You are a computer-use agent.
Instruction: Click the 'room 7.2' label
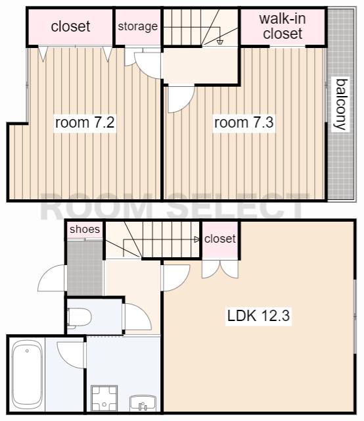pos(85,122)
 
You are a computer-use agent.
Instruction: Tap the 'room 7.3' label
pos(244,122)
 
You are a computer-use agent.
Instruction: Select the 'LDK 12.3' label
pos(258,316)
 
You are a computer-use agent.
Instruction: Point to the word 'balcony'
pos(341,105)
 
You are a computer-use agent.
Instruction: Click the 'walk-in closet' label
pos(283,26)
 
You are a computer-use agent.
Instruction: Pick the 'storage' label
pos(138,26)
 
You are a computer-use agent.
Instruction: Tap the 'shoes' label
pos(85,230)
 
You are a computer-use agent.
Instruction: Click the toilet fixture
pos(79,318)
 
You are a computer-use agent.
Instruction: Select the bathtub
pos(27,374)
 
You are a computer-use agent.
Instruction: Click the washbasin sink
pos(143,403)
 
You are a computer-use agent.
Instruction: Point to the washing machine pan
pos(104,399)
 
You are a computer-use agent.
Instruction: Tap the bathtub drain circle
pos(27,351)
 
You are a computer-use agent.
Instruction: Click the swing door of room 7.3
pos(180,99)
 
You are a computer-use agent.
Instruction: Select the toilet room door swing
pos(137,317)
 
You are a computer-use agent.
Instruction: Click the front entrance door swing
pos(51,278)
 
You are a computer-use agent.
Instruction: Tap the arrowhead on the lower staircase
pos(197,239)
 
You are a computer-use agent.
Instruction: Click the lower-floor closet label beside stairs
pos(220,239)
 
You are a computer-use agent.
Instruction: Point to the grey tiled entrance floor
pos(85,268)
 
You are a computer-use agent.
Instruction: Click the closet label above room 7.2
pos(70,26)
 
